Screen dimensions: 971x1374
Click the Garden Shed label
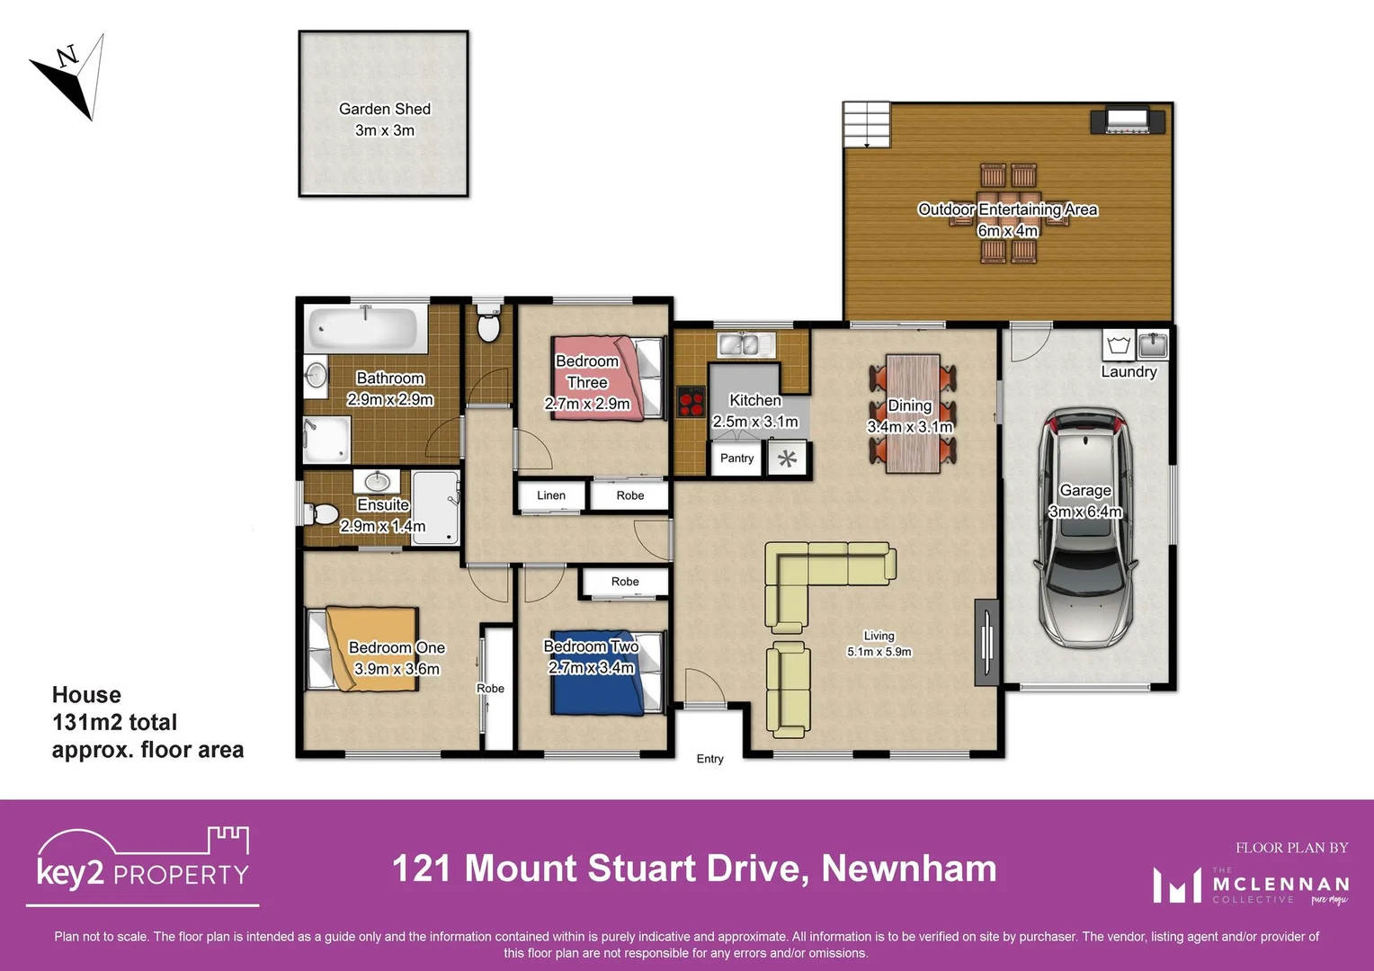click(x=385, y=110)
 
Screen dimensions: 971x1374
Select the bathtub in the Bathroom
click(x=364, y=330)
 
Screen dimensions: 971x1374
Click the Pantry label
click(x=736, y=459)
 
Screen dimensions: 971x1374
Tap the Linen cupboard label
click(x=551, y=495)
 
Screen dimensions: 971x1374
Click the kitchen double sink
click(x=746, y=343)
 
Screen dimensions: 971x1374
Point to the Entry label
click(x=709, y=759)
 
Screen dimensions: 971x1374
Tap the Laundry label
click(x=1129, y=372)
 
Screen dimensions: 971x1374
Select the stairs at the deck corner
click(x=866, y=124)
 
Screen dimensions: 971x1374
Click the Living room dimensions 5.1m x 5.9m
click(x=879, y=652)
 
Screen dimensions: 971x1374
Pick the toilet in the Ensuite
click(x=321, y=514)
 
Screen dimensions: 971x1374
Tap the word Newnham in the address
click(x=908, y=869)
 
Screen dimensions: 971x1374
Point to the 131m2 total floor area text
click(x=114, y=722)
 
